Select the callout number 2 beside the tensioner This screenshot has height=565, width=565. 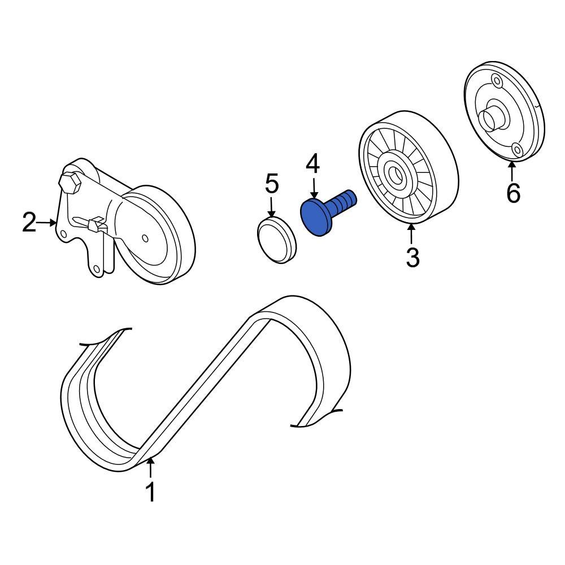[x=29, y=223]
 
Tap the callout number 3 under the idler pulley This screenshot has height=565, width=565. [x=412, y=257]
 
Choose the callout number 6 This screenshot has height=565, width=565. [x=512, y=193]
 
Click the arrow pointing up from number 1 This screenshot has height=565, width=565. [x=150, y=468]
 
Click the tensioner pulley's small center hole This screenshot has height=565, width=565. [x=146, y=237]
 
